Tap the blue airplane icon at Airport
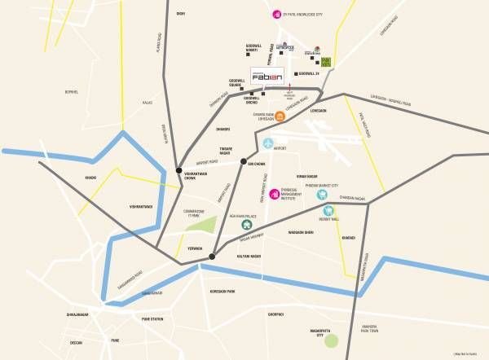pyautogui.click(x=268, y=144)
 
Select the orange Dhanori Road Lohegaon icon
pyautogui.click(x=280, y=116)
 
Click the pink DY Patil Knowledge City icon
pyautogui.click(x=276, y=14)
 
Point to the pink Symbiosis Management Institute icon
pyautogui.click(x=274, y=193)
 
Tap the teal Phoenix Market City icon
pyautogui.click(x=344, y=195)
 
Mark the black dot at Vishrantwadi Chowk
pyautogui.click(x=179, y=170)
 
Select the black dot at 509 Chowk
pyautogui.click(x=242, y=163)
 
